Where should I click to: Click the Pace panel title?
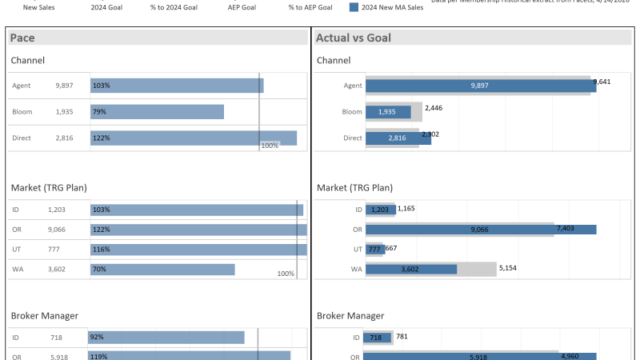tap(22, 38)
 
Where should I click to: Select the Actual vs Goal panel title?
tap(353, 38)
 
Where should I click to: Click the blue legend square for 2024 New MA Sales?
tap(354, 7)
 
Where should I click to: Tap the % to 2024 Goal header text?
tap(174, 7)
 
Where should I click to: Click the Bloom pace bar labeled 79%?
tap(157, 112)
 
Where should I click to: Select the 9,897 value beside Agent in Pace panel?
tap(64, 86)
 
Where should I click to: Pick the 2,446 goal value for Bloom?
tap(434, 107)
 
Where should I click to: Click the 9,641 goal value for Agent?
tap(601, 82)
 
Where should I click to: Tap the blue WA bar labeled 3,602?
tap(411, 270)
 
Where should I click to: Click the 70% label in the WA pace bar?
tap(100, 270)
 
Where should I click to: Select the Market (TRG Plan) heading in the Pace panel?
tap(49, 187)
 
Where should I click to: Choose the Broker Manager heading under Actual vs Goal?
tap(350, 316)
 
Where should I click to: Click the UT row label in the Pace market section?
tap(17, 250)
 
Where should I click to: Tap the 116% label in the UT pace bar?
tap(101, 250)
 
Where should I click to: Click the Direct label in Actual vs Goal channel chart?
tap(352, 138)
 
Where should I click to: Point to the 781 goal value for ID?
tap(402, 336)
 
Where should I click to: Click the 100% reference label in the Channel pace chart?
tap(270, 146)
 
